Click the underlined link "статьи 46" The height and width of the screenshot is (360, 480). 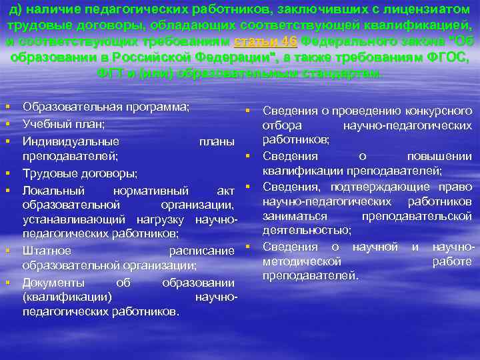[x=267, y=42]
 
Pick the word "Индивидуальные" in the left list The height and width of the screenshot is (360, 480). [x=71, y=141]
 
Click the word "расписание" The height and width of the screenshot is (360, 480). [x=202, y=250]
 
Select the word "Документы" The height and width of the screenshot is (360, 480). [x=53, y=282]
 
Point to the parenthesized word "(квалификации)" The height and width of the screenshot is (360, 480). [x=67, y=297]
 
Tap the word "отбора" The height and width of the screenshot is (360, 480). [x=282, y=125]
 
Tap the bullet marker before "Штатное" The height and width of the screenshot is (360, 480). [x=7, y=251]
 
